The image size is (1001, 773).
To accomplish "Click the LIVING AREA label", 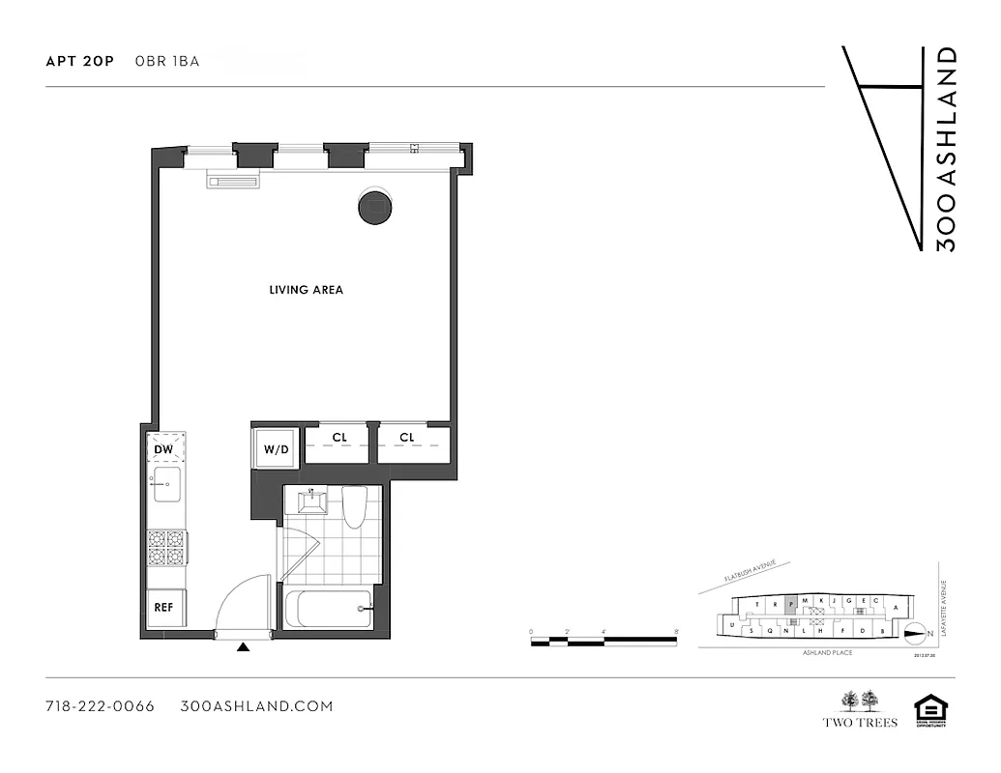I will pyautogui.click(x=306, y=290).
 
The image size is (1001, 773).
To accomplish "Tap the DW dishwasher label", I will pyautogui.click(x=165, y=448).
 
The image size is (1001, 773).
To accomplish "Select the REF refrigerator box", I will pyautogui.click(x=165, y=608).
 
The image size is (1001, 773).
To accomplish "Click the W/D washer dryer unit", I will pyautogui.click(x=277, y=449).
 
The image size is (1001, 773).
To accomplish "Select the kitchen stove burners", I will pyautogui.click(x=166, y=548).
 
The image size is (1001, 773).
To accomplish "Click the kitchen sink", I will pyautogui.click(x=166, y=483).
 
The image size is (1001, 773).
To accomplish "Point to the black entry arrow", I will pyautogui.click(x=244, y=647).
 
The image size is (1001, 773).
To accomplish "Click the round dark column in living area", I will pyautogui.click(x=375, y=207).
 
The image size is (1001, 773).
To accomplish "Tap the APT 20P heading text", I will pyautogui.click(x=79, y=62).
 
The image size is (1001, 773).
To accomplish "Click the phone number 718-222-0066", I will pyautogui.click(x=100, y=706).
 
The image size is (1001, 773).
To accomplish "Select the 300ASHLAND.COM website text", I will pyautogui.click(x=257, y=706).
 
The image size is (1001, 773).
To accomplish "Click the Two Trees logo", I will pyautogui.click(x=859, y=709).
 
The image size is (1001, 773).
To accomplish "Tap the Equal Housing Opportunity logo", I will pyautogui.click(x=930, y=711).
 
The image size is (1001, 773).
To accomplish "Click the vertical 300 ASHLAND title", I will pyautogui.click(x=947, y=149).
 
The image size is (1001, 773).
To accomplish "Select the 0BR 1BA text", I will pyautogui.click(x=167, y=62).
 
